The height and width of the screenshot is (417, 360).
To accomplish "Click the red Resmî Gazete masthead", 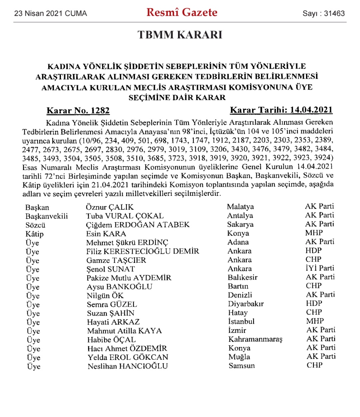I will [182, 13].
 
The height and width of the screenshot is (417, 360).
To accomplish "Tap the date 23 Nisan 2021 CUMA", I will [50, 14].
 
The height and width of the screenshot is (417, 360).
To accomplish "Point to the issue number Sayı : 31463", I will [323, 14].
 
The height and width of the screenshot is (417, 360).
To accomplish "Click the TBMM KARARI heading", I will [180, 35].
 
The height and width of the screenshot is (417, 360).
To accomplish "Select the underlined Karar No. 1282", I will [78, 110].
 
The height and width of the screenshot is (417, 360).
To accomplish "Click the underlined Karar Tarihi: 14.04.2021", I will [281, 110].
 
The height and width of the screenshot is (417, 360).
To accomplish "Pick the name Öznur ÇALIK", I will [110, 207].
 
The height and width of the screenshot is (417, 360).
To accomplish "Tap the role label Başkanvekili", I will [47, 216].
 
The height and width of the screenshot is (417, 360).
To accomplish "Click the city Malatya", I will [240, 207].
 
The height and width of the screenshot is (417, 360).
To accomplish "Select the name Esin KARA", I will [106, 234].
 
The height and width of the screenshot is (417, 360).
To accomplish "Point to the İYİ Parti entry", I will [320, 268].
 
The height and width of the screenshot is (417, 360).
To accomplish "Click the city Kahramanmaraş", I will [255, 339].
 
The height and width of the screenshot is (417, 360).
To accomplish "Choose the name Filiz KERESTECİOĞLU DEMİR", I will [143, 251].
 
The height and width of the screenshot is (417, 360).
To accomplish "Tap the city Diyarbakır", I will [246, 304].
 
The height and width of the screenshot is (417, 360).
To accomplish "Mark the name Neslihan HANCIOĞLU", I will [128, 366].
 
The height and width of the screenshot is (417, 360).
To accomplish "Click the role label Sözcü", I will [35, 225].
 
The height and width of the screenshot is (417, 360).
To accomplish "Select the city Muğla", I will [239, 357].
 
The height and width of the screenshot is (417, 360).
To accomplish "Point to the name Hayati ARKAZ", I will [113, 322].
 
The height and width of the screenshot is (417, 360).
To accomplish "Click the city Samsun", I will [242, 366].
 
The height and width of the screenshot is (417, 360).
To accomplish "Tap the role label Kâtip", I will [34, 234].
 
